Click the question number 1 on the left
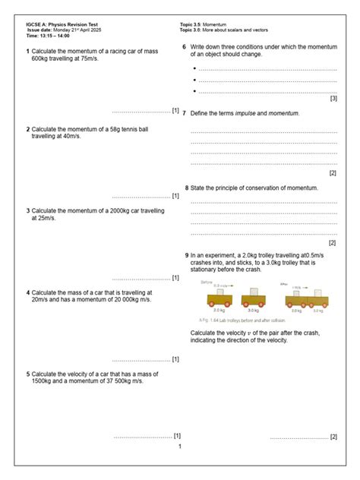28,51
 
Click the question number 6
184,48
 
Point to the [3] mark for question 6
333,99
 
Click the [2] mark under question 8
332,243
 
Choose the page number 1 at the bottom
179,447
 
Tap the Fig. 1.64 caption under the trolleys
231,320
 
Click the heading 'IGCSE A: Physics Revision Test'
61,25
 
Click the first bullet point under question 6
195,69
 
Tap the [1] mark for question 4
175,359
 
